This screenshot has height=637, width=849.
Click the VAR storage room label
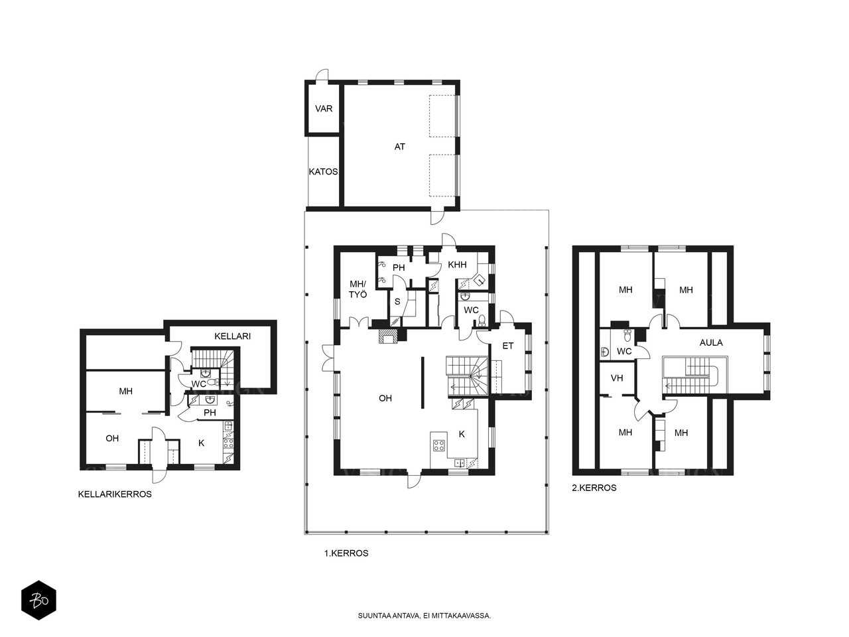(x=324, y=109)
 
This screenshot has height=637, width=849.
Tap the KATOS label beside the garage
(x=324, y=172)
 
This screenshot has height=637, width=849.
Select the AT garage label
(x=399, y=147)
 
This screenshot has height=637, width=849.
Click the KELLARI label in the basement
(x=232, y=336)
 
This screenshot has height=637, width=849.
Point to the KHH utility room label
(x=457, y=265)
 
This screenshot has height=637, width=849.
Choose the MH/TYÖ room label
(x=358, y=289)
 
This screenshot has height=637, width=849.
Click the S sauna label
(x=397, y=302)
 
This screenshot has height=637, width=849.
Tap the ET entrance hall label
(x=508, y=346)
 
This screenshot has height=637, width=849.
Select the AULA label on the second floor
(x=711, y=342)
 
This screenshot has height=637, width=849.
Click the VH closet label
(x=617, y=378)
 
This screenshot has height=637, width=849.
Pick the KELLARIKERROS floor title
(x=115, y=494)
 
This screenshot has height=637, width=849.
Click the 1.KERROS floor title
(x=346, y=553)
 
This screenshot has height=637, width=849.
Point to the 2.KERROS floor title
(x=594, y=488)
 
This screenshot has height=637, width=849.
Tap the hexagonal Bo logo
(x=38, y=601)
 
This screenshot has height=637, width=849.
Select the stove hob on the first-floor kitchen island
(x=439, y=445)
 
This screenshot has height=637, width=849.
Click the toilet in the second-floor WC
(x=627, y=335)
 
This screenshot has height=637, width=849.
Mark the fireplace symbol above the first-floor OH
(x=388, y=336)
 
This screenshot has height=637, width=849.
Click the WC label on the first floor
(x=471, y=310)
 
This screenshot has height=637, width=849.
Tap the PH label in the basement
(x=210, y=413)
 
